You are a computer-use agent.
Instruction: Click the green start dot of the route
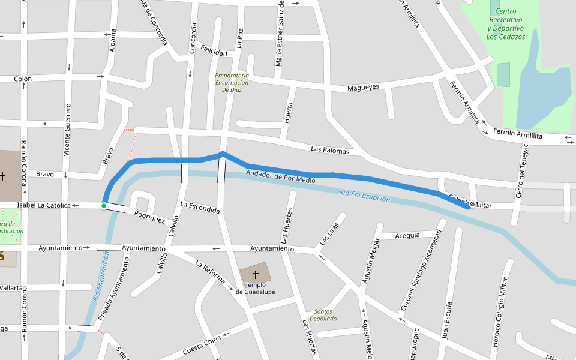[x=104, y=206]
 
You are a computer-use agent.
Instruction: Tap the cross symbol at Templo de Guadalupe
[x=255, y=275]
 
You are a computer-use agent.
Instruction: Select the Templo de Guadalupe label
[x=255, y=289]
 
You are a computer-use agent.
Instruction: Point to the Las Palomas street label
[x=329, y=150]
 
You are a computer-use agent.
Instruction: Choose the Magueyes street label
[x=363, y=88]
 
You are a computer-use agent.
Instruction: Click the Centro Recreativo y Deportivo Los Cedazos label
[x=506, y=24]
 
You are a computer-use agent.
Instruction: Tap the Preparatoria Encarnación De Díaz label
[x=232, y=82]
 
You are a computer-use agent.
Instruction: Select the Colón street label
[x=23, y=79]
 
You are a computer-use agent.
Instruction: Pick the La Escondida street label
[x=200, y=208]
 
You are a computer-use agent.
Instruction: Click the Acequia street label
[x=407, y=235]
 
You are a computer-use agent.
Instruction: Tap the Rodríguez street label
[x=149, y=217]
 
